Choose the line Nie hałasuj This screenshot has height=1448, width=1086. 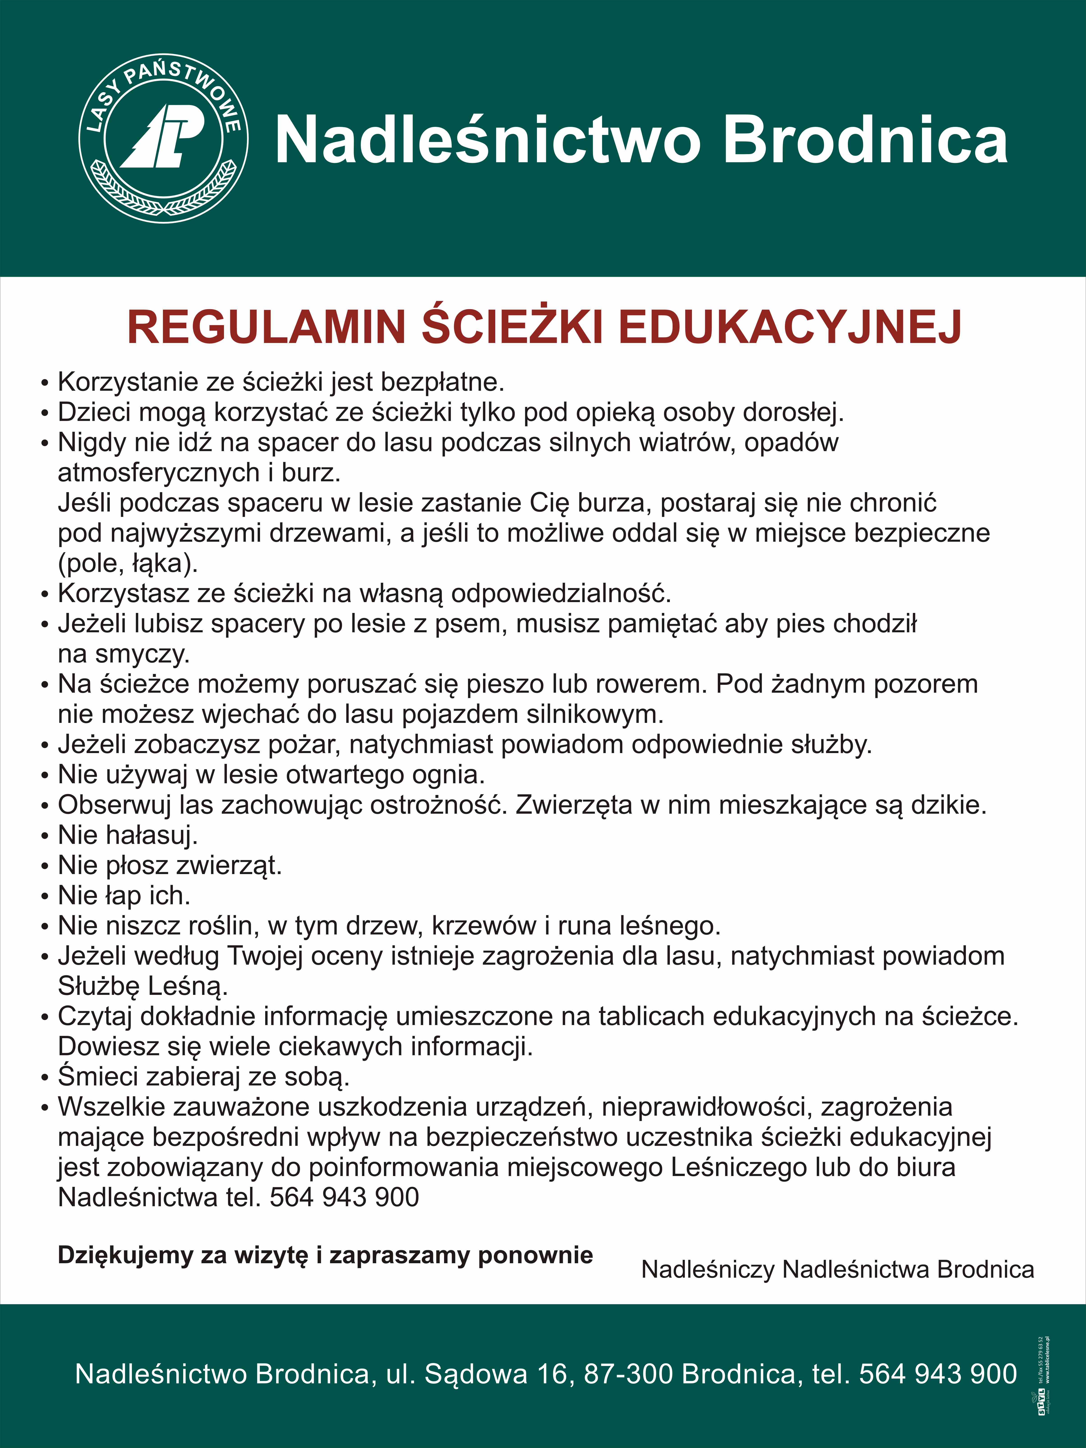point(128,835)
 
